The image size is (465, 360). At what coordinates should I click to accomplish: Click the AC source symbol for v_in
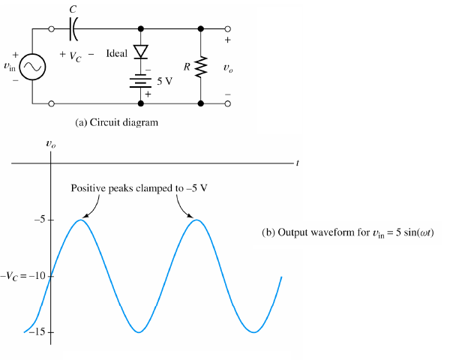click(34, 67)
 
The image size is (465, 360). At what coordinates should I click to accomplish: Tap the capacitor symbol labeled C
click(73, 29)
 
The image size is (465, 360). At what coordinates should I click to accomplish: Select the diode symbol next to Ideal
click(140, 52)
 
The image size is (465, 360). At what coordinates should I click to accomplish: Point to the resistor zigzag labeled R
click(201, 67)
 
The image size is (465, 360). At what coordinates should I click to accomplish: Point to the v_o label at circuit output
click(228, 67)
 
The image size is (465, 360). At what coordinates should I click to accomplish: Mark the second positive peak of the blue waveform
click(196, 220)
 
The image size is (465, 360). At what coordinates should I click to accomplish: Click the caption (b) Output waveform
click(348, 232)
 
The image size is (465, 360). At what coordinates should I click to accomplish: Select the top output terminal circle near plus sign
click(228, 29)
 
